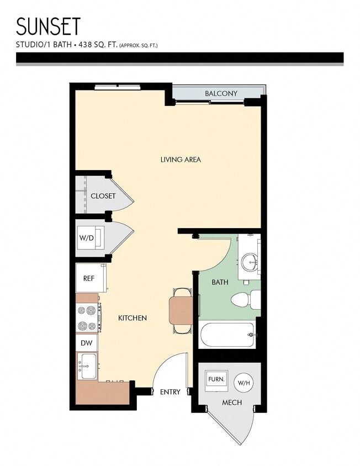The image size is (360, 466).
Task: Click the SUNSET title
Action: point(49,27)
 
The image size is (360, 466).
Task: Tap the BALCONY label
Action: point(221,93)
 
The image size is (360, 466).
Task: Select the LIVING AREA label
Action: point(181,160)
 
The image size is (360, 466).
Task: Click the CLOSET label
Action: point(103,196)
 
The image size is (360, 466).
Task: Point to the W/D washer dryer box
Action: point(88,237)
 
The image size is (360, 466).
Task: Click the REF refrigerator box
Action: point(89,278)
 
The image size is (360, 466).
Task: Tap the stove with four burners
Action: point(88,317)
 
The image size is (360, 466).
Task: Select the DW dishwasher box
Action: point(87,343)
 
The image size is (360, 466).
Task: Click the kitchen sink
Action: point(87,366)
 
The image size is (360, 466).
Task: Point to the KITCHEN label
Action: point(133,318)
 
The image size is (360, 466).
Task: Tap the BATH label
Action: point(220,282)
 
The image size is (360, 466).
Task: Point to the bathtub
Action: point(227,334)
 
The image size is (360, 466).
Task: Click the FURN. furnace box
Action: point(216,380)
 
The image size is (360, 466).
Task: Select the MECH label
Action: point(232,403)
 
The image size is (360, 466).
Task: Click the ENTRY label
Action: point(170,392)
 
